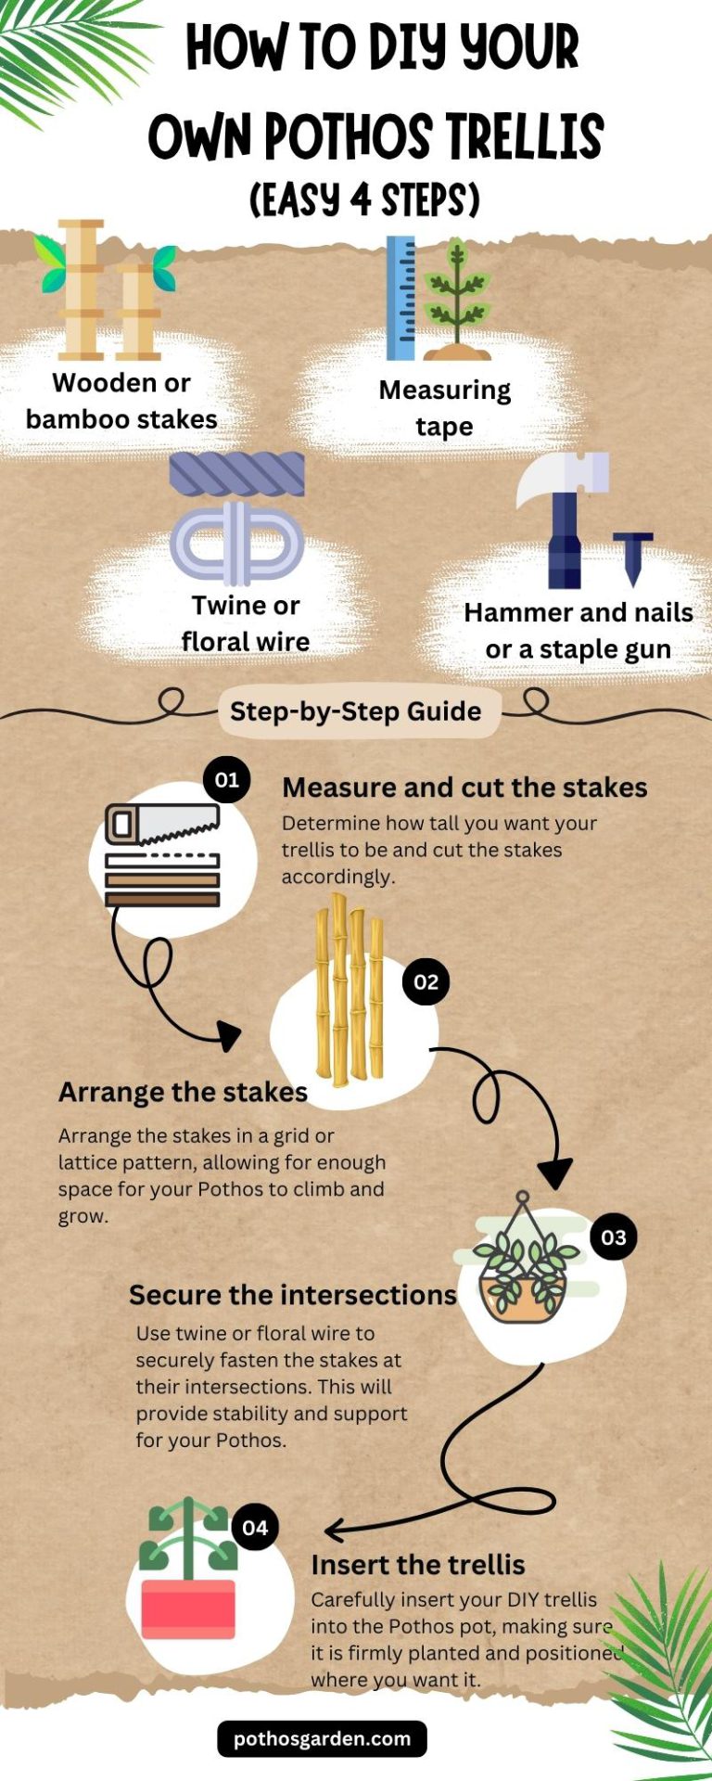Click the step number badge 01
click(227, 779)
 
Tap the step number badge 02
click(426, 982)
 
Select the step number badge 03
click(614, 1237)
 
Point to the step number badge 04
click(255, 1528)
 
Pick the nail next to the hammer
click(633, 558)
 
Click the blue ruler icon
click(400, 298)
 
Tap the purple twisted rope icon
click(237, 474)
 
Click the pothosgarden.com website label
click(323, 1738)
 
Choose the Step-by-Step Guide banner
click(356, 711)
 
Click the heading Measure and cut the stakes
click(464, 788)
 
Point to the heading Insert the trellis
click(418, 1565)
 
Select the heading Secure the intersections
click(293, 1295)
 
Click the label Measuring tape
click(445, 407)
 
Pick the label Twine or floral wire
click(246, 623)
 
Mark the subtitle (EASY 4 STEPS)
click(364, 199)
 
